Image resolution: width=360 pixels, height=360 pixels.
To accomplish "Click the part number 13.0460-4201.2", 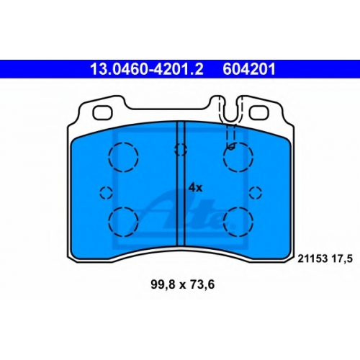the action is [147, 69].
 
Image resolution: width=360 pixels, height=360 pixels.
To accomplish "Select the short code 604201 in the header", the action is [249, 69].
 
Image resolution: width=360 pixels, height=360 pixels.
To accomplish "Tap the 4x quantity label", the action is [195, 188].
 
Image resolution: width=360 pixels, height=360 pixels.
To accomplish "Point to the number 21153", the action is [312, 258].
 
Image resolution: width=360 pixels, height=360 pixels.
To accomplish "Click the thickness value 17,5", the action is [342, 259].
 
